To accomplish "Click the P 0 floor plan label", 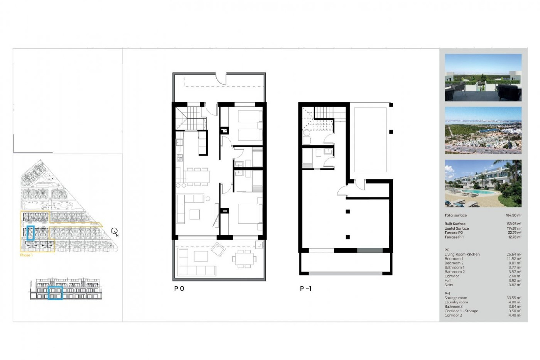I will (x=179, y=288).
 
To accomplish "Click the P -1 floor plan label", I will (x=306, y=288).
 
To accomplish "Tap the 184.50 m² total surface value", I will (x=513, y=215).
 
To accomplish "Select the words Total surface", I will (x=456, y=215).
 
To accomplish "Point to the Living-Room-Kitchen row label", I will (x=462, y=254).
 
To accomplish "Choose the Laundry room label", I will (x=456, y=302).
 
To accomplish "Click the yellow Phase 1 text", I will (x=26, y=255).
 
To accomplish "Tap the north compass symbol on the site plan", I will (x=114, y=231).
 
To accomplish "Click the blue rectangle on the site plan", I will (x=31, y=233).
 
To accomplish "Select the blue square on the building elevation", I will (x=55, y=293).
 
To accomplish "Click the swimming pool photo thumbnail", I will (x=483, y=183).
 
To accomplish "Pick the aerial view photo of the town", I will (x=483, y=130).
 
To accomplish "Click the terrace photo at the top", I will (x=483, y=77).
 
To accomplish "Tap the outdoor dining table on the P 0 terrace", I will (x=244, y=258).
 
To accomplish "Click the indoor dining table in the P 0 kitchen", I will (x=197, y=177).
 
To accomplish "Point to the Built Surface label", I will (x=455, y=224).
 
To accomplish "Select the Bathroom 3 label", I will (x=453, y=307).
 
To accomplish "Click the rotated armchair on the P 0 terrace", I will (x=218, y=249).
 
